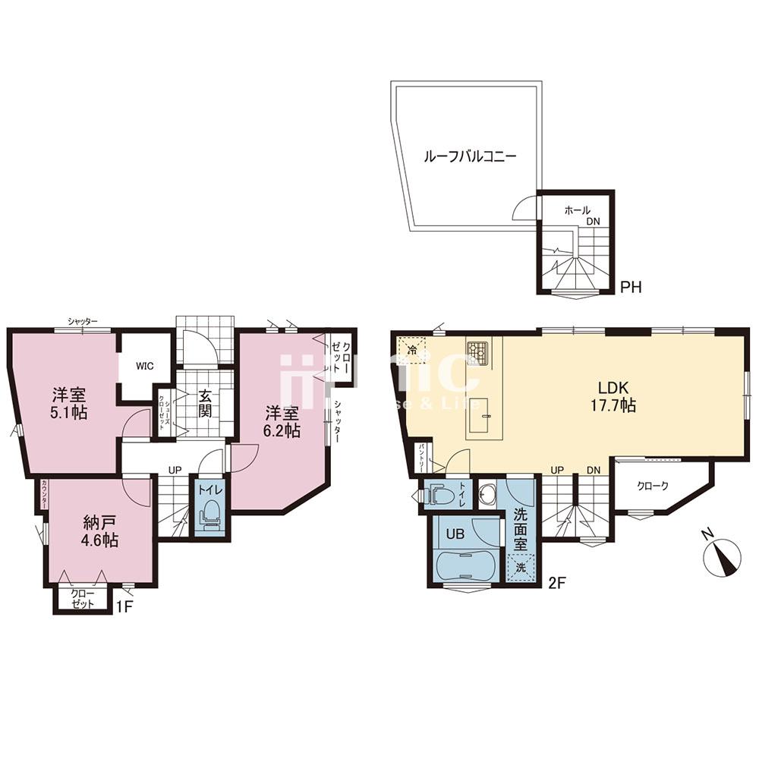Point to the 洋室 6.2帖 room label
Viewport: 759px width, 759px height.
click(282, 422)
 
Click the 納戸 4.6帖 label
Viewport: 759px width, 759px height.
click(100, 531)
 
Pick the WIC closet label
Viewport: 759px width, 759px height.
click(145, 366)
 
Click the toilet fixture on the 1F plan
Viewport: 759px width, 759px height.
click(210, 515)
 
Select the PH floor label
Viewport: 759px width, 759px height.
click(631, 288)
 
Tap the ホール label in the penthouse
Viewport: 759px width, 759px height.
click(577, 210)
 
